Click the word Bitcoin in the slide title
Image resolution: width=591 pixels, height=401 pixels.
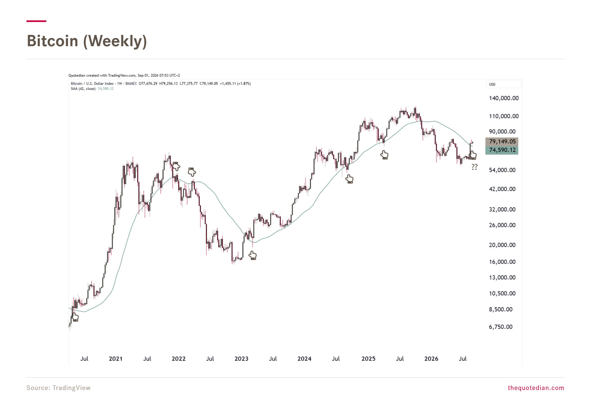point(53,41)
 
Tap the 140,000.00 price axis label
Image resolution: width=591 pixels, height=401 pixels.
point(504,98)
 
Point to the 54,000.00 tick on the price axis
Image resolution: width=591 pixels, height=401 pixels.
point(502,170)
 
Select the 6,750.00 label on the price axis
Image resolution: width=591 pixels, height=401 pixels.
point(501,327)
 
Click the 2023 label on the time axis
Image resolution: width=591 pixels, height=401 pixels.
point(241,359)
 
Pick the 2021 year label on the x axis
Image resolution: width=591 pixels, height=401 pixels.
point(115,359)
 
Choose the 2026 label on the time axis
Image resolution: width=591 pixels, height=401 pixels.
point(431,359)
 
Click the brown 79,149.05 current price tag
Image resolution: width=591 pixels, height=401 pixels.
point(502,142)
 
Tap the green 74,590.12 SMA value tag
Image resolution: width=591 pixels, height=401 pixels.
point(502,150)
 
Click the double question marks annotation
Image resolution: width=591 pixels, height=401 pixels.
point(474,167)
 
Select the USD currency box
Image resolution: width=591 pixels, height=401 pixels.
point(503,84)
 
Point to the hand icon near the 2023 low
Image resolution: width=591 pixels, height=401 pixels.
point(253,256)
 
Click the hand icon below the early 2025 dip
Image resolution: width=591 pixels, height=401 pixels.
point(384,155)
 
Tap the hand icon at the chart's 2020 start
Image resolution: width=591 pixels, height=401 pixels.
point(75,317)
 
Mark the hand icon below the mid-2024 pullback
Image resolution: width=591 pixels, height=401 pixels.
point(349,179)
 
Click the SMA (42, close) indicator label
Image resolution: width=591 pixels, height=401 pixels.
point(83,89)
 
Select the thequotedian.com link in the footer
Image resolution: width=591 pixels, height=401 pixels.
point(536,388)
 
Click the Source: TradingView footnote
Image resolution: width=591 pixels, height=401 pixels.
point(58,388)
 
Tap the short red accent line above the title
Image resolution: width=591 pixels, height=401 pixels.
point(36,21)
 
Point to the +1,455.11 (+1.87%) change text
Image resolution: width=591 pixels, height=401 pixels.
point(235,84)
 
